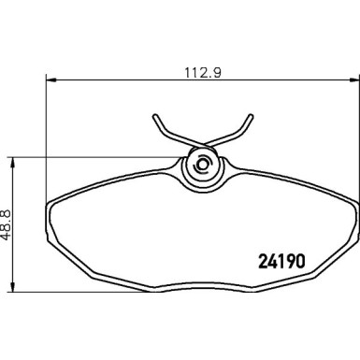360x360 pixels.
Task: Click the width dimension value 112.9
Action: tap(195, 68)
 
